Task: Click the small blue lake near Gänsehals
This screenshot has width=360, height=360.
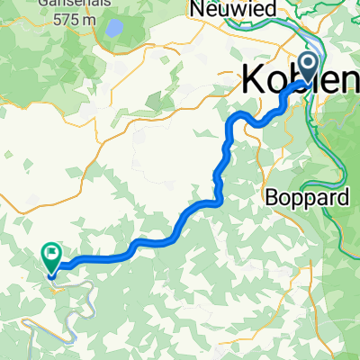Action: click(x=114, y=29)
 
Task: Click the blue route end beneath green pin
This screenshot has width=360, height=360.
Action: click(x=53, y=273)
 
